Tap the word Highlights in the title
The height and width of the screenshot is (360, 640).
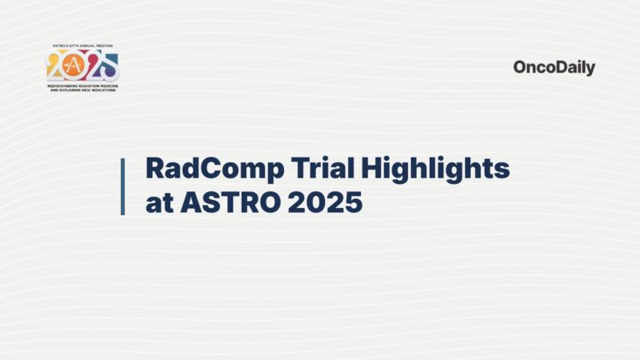click(430, 170)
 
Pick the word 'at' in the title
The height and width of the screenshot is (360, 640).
click(158, 203)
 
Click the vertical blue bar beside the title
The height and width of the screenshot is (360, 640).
click(122, 186)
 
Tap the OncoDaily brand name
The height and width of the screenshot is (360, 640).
click(554, 68)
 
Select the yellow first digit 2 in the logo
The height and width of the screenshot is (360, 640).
click(56, 66)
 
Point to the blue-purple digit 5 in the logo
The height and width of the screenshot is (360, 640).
click(110, 66)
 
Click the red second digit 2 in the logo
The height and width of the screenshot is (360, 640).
click(93, 66)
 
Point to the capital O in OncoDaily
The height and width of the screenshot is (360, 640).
click(520, 68)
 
